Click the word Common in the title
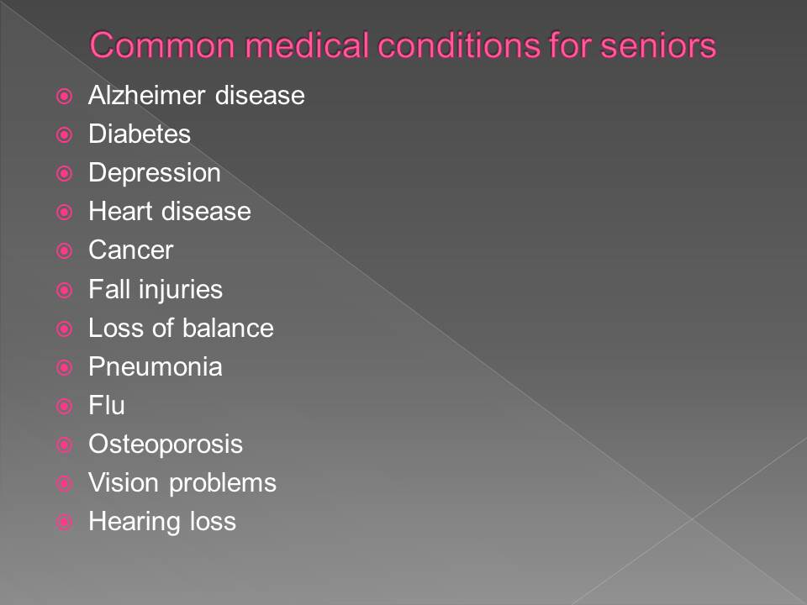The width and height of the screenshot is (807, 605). (x=162, y=45)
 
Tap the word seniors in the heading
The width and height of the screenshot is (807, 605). (x=658, y=45)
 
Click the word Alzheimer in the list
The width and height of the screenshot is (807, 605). (x=146, y=95)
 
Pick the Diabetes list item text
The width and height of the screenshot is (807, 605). (x=140, y=134)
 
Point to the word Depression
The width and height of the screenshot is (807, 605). (x=155, y=173)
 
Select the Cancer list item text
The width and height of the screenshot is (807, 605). (x=131, y=250)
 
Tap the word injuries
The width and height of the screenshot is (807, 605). (x=181, y=290)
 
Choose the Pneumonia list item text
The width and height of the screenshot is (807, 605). (x=156, y=367)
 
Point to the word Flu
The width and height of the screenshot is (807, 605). (x=107, y=405)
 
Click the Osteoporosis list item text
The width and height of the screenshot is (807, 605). (x=166, y=444)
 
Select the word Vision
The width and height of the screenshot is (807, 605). (x=124, y=483)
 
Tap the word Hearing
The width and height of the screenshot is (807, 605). (x=134, y=522)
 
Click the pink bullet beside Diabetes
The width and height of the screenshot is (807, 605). (x=65, y=134)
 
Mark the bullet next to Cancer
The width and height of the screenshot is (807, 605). (x=65, y=251)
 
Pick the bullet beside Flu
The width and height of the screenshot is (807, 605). (x=65, y=407)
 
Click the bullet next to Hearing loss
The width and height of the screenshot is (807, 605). (x=65, y=523)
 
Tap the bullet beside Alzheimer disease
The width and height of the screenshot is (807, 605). (x=65, y=96)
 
